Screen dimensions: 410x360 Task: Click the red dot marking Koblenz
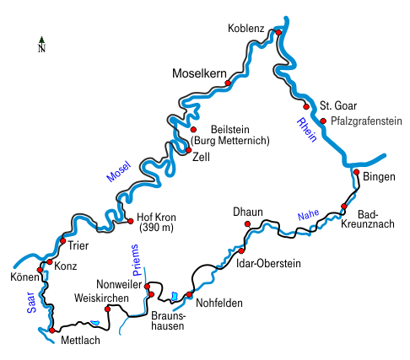point(278,33)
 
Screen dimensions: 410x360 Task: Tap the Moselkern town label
point(199,73)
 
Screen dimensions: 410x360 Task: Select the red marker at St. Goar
point(306,107)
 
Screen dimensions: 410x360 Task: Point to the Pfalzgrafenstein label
point(366,121)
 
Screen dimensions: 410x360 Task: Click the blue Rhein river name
point(307,130)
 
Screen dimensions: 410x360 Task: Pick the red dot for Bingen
point(356,172)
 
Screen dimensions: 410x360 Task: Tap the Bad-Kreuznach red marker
point(344,207)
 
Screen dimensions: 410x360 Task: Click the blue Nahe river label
point(309,214)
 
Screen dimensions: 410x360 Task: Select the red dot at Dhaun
point(247,224)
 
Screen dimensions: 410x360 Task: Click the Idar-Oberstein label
point(268,263)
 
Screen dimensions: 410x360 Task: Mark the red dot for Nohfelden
point(189,294)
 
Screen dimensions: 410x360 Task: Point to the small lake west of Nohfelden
point(175,296)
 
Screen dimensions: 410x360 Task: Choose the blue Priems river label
point(136,261)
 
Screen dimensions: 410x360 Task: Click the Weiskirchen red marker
point(107,309)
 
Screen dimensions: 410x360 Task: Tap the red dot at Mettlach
point(52,330)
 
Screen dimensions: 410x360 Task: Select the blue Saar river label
point(31,303)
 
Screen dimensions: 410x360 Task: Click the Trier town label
point(78,246)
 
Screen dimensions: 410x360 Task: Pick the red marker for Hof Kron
point(131,221)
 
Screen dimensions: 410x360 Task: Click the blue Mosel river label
point(119,171)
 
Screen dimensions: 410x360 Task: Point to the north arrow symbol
point(41,45)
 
